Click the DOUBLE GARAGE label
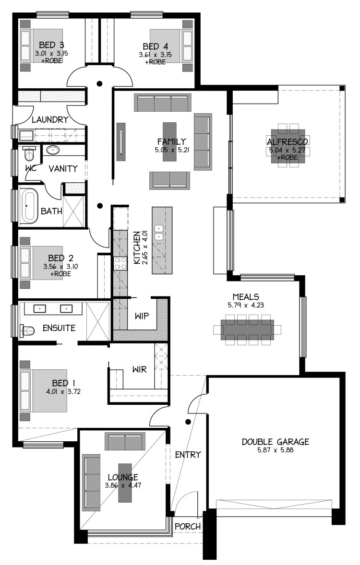tap(275, 441)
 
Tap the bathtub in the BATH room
tap(28, 206)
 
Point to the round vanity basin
tap(53, 150)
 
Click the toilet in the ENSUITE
tap(27, 330)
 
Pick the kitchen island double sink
tap(159, 233)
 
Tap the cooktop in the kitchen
tap(120, 263)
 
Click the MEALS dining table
tap(247, 330)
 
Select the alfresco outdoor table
tap(288, 146)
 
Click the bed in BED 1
tap(44, 390)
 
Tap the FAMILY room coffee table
tap(169, 141)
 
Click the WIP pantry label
tap(142, 316)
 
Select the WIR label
tap(139, 369)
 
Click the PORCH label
tap(188, 527)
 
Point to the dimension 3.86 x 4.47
tap(123, 485)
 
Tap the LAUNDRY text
tap(50, 119)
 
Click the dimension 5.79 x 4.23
tap(246, 305)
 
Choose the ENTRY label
tap(188, 455)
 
